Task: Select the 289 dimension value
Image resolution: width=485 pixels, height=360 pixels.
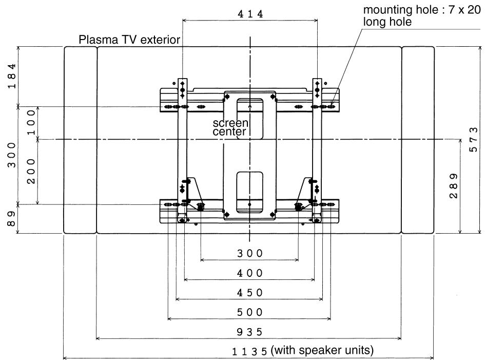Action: [x=454, y=186]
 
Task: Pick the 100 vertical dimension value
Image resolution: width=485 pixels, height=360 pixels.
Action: [x=31, y=123]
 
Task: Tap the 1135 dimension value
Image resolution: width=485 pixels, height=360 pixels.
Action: [x=250, y=352]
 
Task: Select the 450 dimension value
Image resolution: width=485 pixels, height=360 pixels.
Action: [x=250, y=293]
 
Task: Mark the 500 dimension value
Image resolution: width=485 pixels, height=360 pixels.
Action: [x=250, y=312]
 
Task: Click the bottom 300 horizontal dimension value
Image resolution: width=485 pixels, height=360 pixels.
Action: [x=250, y=253]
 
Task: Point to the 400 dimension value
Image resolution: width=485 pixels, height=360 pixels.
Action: [x=250, y=273]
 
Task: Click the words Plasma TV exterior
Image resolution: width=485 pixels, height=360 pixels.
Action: [x=129, y=40]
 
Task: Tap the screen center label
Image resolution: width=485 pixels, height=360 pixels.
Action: [x=230, y=127]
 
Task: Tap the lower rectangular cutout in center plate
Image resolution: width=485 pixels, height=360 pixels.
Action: [x=249, y=193]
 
